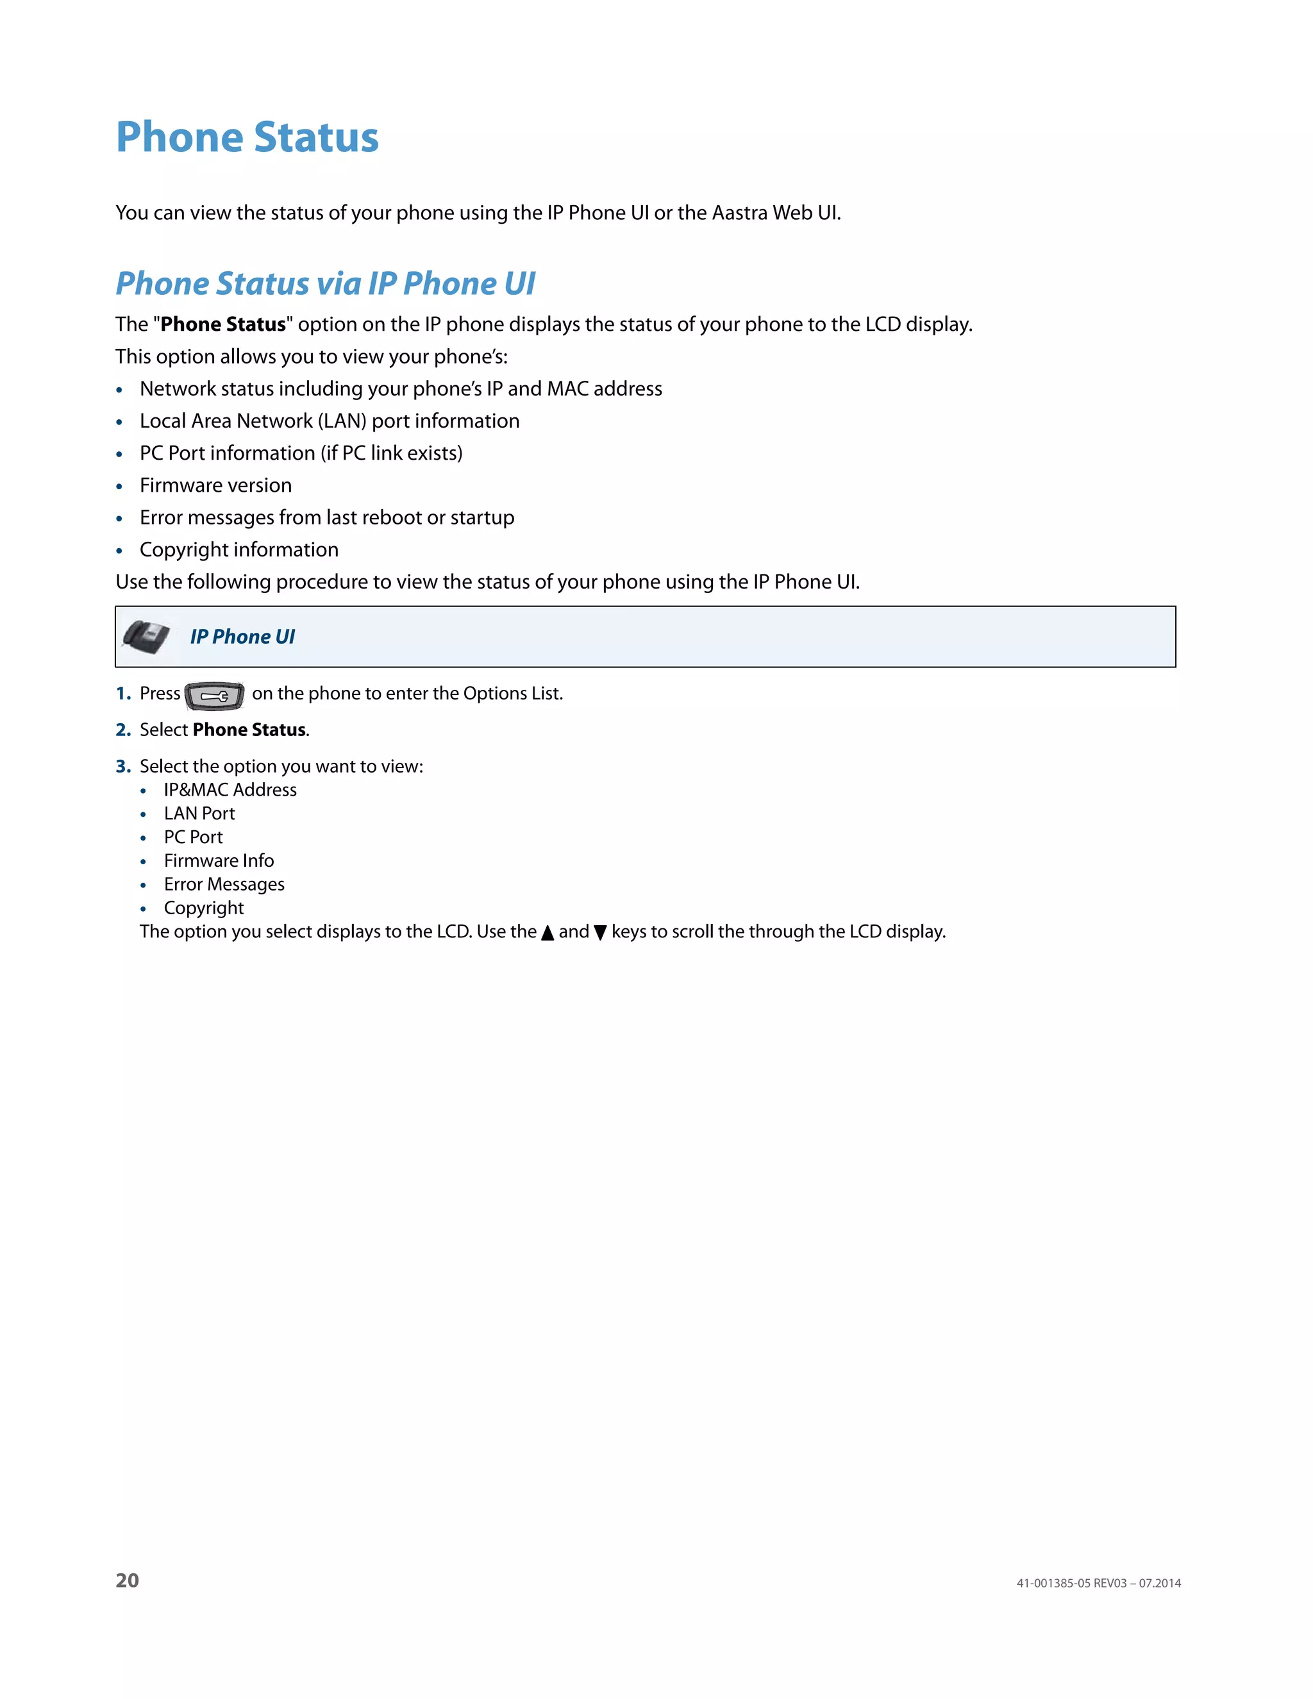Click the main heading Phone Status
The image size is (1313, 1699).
(x=247, y=138)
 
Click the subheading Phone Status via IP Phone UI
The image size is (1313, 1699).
(x=325, y=284)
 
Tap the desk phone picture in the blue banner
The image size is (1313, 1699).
(x=146, y=637)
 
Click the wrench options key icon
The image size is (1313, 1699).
(x=215, y=696)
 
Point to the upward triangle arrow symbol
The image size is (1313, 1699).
(x=548, y=933)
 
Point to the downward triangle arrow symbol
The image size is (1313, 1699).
(x=599, y=933)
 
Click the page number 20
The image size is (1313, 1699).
(x=127, y=1580)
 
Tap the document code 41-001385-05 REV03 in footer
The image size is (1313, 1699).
(x=1071, y=1583)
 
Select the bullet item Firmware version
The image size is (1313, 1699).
(x=215, y=485)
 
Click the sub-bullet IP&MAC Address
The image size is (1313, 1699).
(x=230, y=791)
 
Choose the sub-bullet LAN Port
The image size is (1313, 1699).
(x=199, y=814)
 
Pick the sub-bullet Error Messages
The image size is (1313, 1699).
(x=224, y=885)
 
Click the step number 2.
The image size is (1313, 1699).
(x=122, y=730)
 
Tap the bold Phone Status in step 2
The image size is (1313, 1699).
(x=249, y=730)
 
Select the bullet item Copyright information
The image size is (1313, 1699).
(x=238, y=550)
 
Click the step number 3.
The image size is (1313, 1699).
(x=122, y=766)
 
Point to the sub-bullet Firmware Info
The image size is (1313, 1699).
(x=219, y=861)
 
